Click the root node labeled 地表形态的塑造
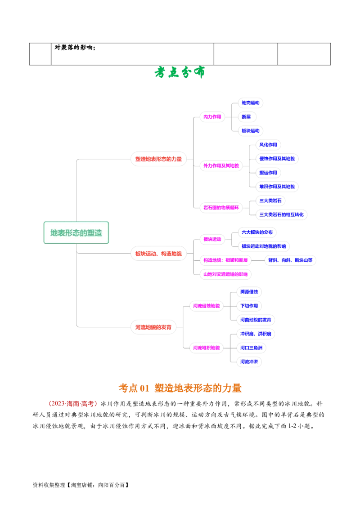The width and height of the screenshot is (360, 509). [76, 232]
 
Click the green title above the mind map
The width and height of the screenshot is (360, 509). [180, 72]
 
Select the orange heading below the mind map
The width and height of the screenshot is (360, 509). [180, 388]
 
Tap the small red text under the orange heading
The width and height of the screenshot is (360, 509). [72, 403]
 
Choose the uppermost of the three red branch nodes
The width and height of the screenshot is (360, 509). [158, 159]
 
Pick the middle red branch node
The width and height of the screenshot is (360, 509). [158, 254]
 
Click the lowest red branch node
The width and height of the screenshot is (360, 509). [153, 327]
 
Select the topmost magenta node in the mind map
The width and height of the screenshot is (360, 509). [212, 116]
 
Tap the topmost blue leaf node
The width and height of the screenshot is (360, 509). [250, 103]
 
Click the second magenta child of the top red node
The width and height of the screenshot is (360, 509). [220, 165]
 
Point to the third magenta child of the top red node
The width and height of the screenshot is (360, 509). [221, 208]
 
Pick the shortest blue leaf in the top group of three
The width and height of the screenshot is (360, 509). [246, 116]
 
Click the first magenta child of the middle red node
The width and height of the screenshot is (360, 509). [212, 239]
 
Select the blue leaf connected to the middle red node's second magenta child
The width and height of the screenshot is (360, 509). [289, 259]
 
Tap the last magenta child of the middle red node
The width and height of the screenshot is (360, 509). [225, 273]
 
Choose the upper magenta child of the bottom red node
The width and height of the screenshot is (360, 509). [206, 306]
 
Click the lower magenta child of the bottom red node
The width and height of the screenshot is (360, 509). [206, 348]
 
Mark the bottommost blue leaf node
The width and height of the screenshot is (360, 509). [249, 362]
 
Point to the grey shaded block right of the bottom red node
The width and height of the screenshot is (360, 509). [205, 327]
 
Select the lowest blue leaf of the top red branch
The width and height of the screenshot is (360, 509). [282, 215]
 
